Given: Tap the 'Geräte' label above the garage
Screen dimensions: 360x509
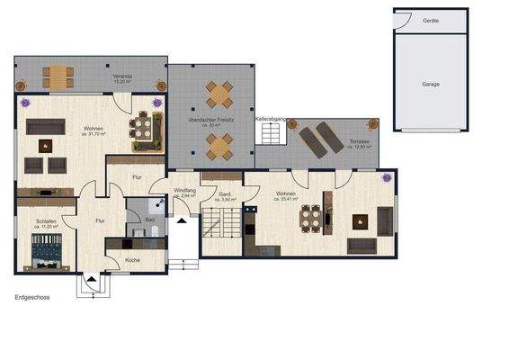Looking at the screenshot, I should pos(433,20).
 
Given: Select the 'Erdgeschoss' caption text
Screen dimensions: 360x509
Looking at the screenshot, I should pos(33,295).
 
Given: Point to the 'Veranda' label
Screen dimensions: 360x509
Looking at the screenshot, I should pos(122,76).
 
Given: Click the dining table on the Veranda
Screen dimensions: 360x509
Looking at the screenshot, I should pos(60,74).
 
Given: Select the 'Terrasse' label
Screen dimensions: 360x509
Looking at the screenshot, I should pos(357,139).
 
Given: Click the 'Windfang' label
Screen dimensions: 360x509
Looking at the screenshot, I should pos(184,189).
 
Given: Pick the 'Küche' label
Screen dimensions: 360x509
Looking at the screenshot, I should pos(132,259).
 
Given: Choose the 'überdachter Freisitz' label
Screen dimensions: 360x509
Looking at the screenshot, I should pos(210,120).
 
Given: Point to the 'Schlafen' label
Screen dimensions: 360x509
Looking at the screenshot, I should pos(47,220).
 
